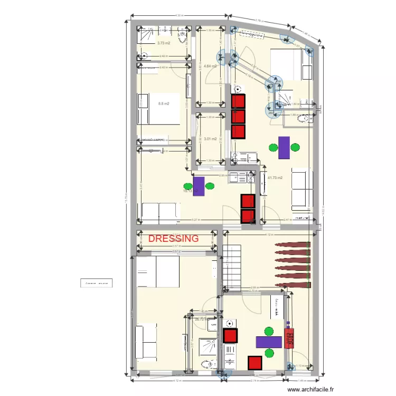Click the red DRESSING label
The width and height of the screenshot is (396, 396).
(174, 239)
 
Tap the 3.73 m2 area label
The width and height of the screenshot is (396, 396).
(164, 43)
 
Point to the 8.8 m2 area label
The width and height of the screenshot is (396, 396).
(164, 103)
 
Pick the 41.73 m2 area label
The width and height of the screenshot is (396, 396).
(276, 177)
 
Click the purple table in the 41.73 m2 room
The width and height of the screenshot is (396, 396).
(284, 147)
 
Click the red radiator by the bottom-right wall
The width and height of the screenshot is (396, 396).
(289, 338)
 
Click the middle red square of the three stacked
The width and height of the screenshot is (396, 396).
(239, 116)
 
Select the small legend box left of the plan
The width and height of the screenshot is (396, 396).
(96, 283)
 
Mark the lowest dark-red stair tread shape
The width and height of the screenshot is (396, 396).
(294, 285)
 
